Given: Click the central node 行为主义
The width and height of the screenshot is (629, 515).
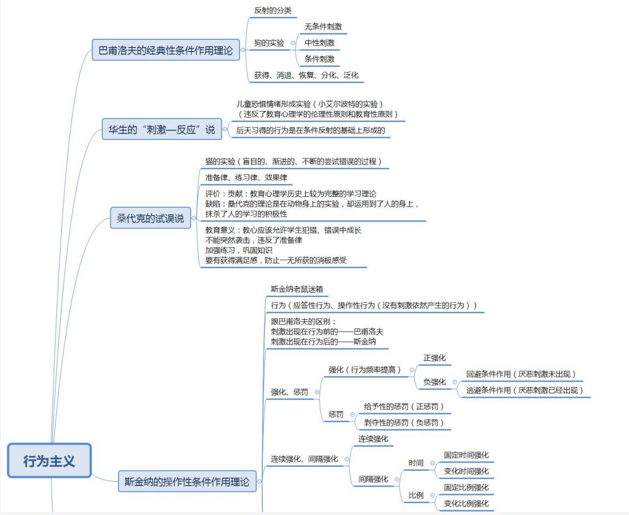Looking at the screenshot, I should (x=49, y=461).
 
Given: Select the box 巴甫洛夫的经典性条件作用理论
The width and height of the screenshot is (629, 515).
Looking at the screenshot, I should (x=166, y=50).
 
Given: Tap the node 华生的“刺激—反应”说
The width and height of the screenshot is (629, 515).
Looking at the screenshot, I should (x=161, y=130).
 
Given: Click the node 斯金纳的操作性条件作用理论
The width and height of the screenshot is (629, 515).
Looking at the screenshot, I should (x=187, y=482).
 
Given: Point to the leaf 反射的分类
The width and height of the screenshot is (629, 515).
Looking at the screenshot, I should (x=273, y=10).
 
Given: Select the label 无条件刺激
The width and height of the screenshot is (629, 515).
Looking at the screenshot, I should (x=323, y=26).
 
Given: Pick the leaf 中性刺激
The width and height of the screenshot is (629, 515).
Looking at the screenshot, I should (x=319, y=43).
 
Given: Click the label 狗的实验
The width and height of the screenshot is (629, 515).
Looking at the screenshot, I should (x=269, y=43).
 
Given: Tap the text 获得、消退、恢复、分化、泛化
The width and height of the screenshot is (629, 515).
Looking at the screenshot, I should (x=306, y=75).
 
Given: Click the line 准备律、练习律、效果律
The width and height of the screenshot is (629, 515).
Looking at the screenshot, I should (x=246, y=178).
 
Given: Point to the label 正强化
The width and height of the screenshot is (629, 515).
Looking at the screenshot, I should (x=434, y=358).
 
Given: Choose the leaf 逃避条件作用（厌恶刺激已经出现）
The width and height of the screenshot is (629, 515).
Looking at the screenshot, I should (x=525, y=390).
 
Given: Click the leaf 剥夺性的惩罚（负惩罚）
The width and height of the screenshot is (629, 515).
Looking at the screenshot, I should (x=404, y=422).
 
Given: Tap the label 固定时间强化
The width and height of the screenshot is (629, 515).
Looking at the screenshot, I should (x=466, y=455).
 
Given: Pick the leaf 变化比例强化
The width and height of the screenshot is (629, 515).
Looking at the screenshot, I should (x=466, y=504).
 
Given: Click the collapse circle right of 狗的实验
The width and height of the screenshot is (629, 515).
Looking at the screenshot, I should (x=293, y=43).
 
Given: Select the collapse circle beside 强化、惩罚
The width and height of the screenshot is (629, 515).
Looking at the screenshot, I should (x=317, y=392).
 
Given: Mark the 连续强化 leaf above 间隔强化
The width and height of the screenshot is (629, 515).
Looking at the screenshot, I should (x=373, y=438).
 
